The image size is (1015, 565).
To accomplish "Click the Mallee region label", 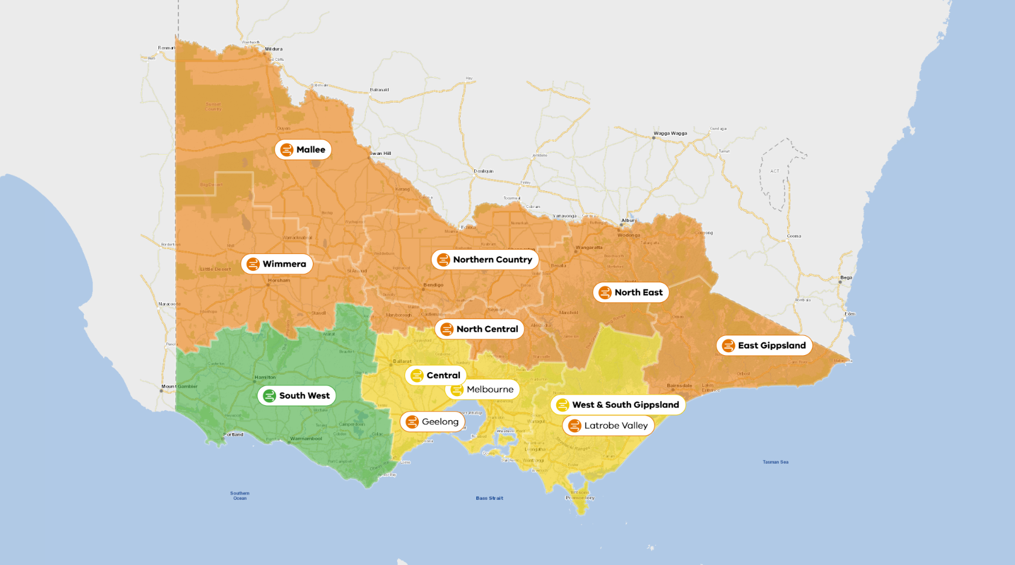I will coord(303,150).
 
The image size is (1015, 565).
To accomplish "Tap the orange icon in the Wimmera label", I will coord(253,264).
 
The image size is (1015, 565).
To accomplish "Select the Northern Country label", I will coord(485,260).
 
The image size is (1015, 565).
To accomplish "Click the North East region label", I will coord(631,292).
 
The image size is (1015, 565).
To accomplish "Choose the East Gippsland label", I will coord(764,346).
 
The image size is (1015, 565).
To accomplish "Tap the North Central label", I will coord(480,329).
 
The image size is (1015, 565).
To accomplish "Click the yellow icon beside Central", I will coord(416,376).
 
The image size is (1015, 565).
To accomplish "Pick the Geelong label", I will coord(433,421).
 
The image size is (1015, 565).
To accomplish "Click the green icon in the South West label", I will coord(269,396).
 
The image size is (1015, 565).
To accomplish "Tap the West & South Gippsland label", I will coord(618,405).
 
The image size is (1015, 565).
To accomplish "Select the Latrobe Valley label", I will coord(609,426).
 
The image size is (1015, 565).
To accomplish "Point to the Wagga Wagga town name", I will coord(670,133).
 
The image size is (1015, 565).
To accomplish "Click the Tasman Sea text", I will coord(775,462).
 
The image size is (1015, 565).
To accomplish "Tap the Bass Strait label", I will coord(489,498).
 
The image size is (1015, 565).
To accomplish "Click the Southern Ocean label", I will coord(239,496).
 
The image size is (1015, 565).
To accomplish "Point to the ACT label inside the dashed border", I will coord(775,171).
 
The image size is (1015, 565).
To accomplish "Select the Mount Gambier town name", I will coord(179,387).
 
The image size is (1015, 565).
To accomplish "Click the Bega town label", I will coord(846,278).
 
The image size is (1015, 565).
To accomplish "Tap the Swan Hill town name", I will coord(380,153).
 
